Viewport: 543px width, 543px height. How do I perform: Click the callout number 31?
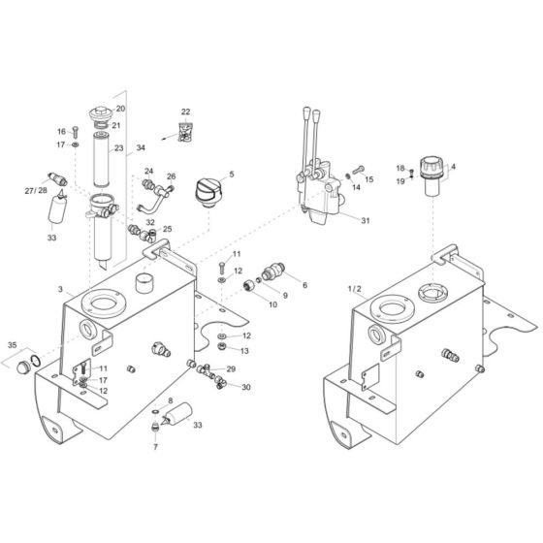(x=366, y=220)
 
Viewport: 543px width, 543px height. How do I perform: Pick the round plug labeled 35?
(x=21, y=365)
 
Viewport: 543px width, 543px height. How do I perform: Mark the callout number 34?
(x=141, y=148)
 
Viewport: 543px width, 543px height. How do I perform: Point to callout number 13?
(x=245, y=350)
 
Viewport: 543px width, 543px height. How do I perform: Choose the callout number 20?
(x=121, y=109)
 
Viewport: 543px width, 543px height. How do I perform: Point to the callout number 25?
(x=167, y=229)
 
